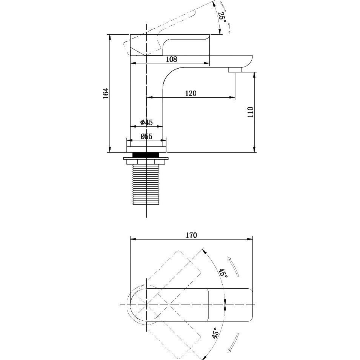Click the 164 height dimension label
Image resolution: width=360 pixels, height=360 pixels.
click(106, 93)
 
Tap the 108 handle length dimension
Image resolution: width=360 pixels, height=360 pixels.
click(171, 59)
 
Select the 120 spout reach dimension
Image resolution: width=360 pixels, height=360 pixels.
click(191, 93)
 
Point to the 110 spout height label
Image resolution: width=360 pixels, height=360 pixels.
click(251, 112)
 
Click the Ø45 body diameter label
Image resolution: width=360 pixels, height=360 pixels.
click(146, 122)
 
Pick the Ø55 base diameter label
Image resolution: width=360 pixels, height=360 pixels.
click(146, 136)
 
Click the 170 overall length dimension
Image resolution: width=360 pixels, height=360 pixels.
click(191, 235)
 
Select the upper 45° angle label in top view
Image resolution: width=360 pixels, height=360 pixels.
click(223, 273)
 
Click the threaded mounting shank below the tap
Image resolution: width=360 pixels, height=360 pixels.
click(146, 185)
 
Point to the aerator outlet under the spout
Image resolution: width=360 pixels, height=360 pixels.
click(235, 70)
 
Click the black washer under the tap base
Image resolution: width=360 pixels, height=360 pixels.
click(146, 155)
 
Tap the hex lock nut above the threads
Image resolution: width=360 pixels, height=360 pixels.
click(146, 160)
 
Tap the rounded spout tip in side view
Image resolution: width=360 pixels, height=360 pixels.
click(247, 61)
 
